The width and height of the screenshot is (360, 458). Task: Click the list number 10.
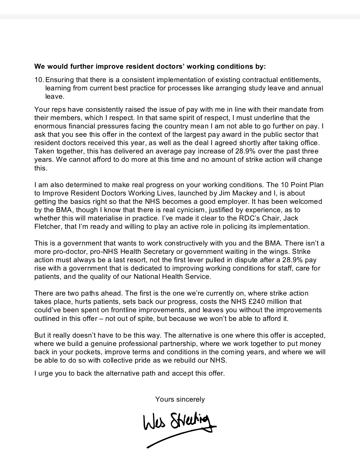point(39,80)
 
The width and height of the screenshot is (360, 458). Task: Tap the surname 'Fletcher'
point(48,226)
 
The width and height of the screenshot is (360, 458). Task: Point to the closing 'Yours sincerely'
point(180,399)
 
